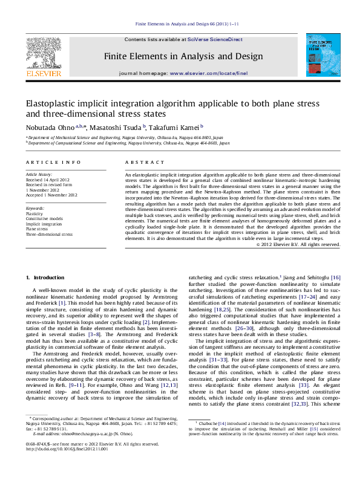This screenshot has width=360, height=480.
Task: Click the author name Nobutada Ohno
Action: [x=50, y=128]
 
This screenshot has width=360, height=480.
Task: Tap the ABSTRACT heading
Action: [x=140, y=163]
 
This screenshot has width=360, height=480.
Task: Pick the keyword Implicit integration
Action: [x=44, y=224]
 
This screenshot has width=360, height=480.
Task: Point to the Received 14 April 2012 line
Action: [x=48, y=180]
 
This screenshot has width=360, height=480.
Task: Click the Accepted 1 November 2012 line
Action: [x=51, y=195]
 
